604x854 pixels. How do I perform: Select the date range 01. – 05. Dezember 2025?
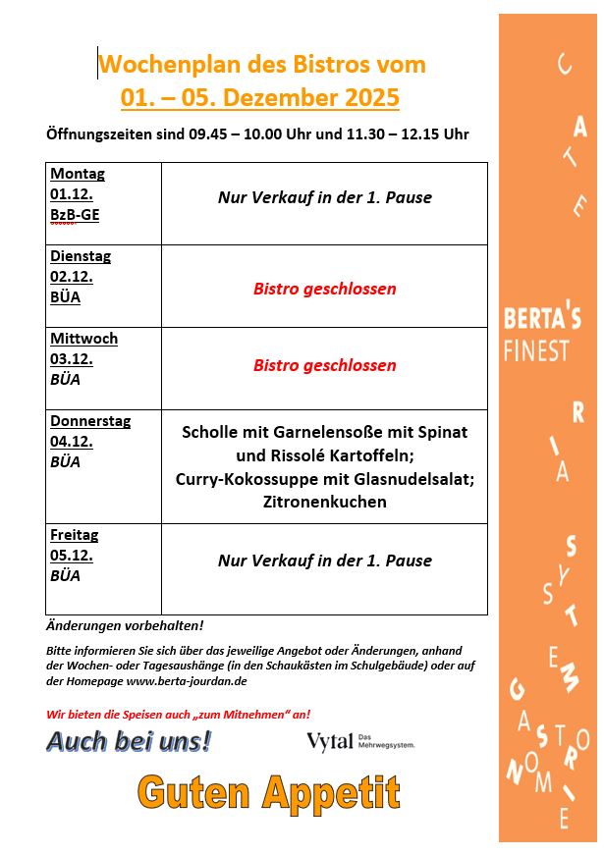(260, 98)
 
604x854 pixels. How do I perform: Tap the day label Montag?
(78, 174)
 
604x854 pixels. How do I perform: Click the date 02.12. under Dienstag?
(72, 277)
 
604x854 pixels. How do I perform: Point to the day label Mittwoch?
(84, 339)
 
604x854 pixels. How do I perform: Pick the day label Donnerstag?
(90, 421)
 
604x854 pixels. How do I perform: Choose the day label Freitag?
(75, 535)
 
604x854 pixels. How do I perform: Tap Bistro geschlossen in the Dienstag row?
(324, 289)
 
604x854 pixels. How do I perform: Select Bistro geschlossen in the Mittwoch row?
(324, 365)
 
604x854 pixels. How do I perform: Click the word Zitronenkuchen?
(324, 502)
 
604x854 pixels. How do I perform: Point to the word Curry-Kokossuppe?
(242, 479)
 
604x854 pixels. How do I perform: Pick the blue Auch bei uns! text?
(129, 741)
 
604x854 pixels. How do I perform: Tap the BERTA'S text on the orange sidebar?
(542, 318)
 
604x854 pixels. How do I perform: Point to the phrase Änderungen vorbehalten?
(125, 625)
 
